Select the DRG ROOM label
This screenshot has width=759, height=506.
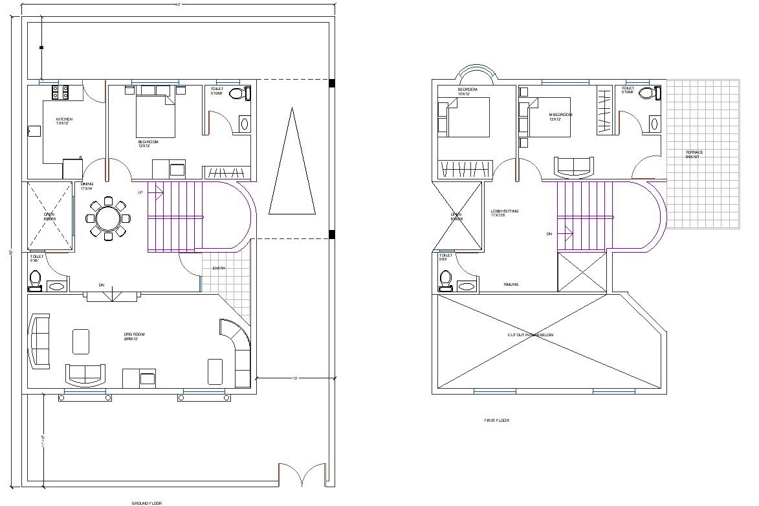coord(134,336)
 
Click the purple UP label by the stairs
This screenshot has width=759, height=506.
coord(140,192)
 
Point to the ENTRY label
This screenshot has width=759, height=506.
coord(219,268)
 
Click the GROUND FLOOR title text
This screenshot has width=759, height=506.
coord(147,503)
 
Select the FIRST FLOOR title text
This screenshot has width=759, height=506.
coord(496,420)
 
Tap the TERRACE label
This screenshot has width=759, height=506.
coord(694,154)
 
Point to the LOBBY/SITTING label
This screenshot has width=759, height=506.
coord(505,213)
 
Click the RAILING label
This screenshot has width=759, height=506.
coord(511,284)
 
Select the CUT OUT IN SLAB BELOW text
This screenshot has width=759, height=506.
coord(530,334)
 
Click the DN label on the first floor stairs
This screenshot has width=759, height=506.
coord(549,233)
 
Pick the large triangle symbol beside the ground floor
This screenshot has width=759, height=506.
coord(292,165)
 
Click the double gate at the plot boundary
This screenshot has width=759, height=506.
coord(302,475)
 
